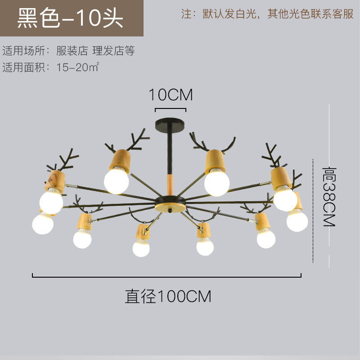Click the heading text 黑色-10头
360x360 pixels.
pyautogui.click(x=70, y=19)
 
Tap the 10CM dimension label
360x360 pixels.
pyautogui.click(x=171, y=95)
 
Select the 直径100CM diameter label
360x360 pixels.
pyautogui.click(x=168, y=297)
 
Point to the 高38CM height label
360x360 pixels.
pyautogui.click(x=329, y=197)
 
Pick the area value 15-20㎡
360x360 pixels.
pyautogui.click(x=78, y=67)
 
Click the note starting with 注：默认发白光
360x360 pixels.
pyautogui.click(x=267, y=14)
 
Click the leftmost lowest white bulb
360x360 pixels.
pyautogui.click(x=43, y=223)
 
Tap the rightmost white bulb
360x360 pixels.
pyautogui.click(x=297, y=220)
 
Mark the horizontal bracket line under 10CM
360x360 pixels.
pyautogui.click(x=170, y=109)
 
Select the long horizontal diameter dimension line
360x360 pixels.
pyautogui.click(x=166, y=277)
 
